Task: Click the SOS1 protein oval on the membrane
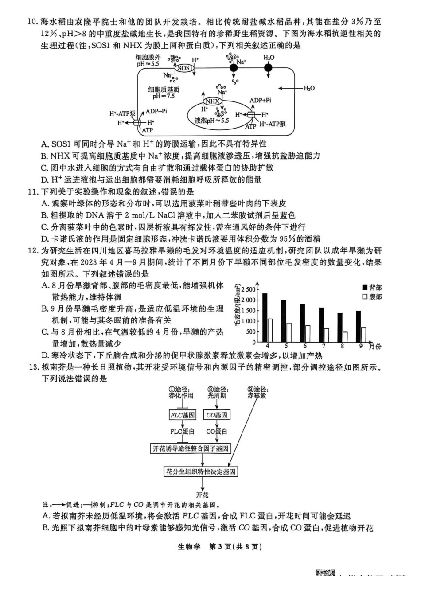pos(184,68)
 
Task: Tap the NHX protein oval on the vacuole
pos(213,101)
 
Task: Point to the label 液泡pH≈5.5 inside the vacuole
pos(211,120)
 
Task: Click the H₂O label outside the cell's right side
pos(309,88)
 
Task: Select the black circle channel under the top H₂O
pos(268,67)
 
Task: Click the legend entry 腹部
pos(372,296)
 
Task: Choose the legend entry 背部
pos(372,288)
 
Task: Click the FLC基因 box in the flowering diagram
pos(183,415)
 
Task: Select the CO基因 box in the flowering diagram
pos(217,415)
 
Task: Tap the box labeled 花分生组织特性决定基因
pos(201,471)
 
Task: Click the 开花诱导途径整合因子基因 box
pos(191,448)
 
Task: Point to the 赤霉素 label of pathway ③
pos(257,395)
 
